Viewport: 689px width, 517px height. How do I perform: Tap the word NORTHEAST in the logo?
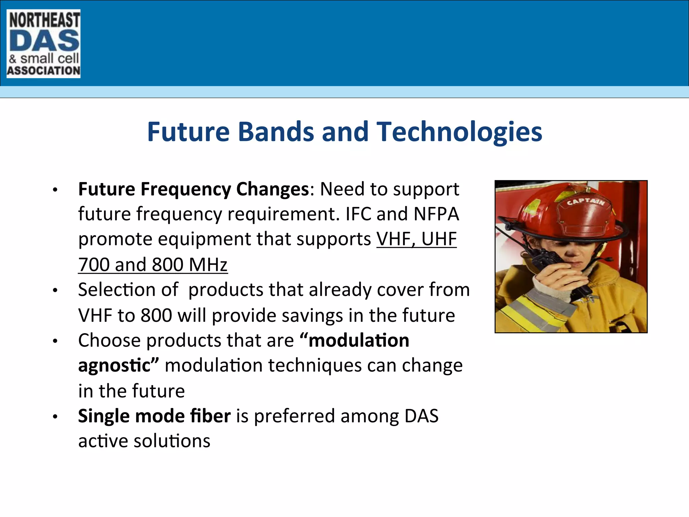[44, 20]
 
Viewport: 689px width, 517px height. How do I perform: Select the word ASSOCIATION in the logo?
[44, 71]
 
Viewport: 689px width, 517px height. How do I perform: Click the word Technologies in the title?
[459, 132]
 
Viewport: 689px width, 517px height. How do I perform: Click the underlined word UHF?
[439, 239]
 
